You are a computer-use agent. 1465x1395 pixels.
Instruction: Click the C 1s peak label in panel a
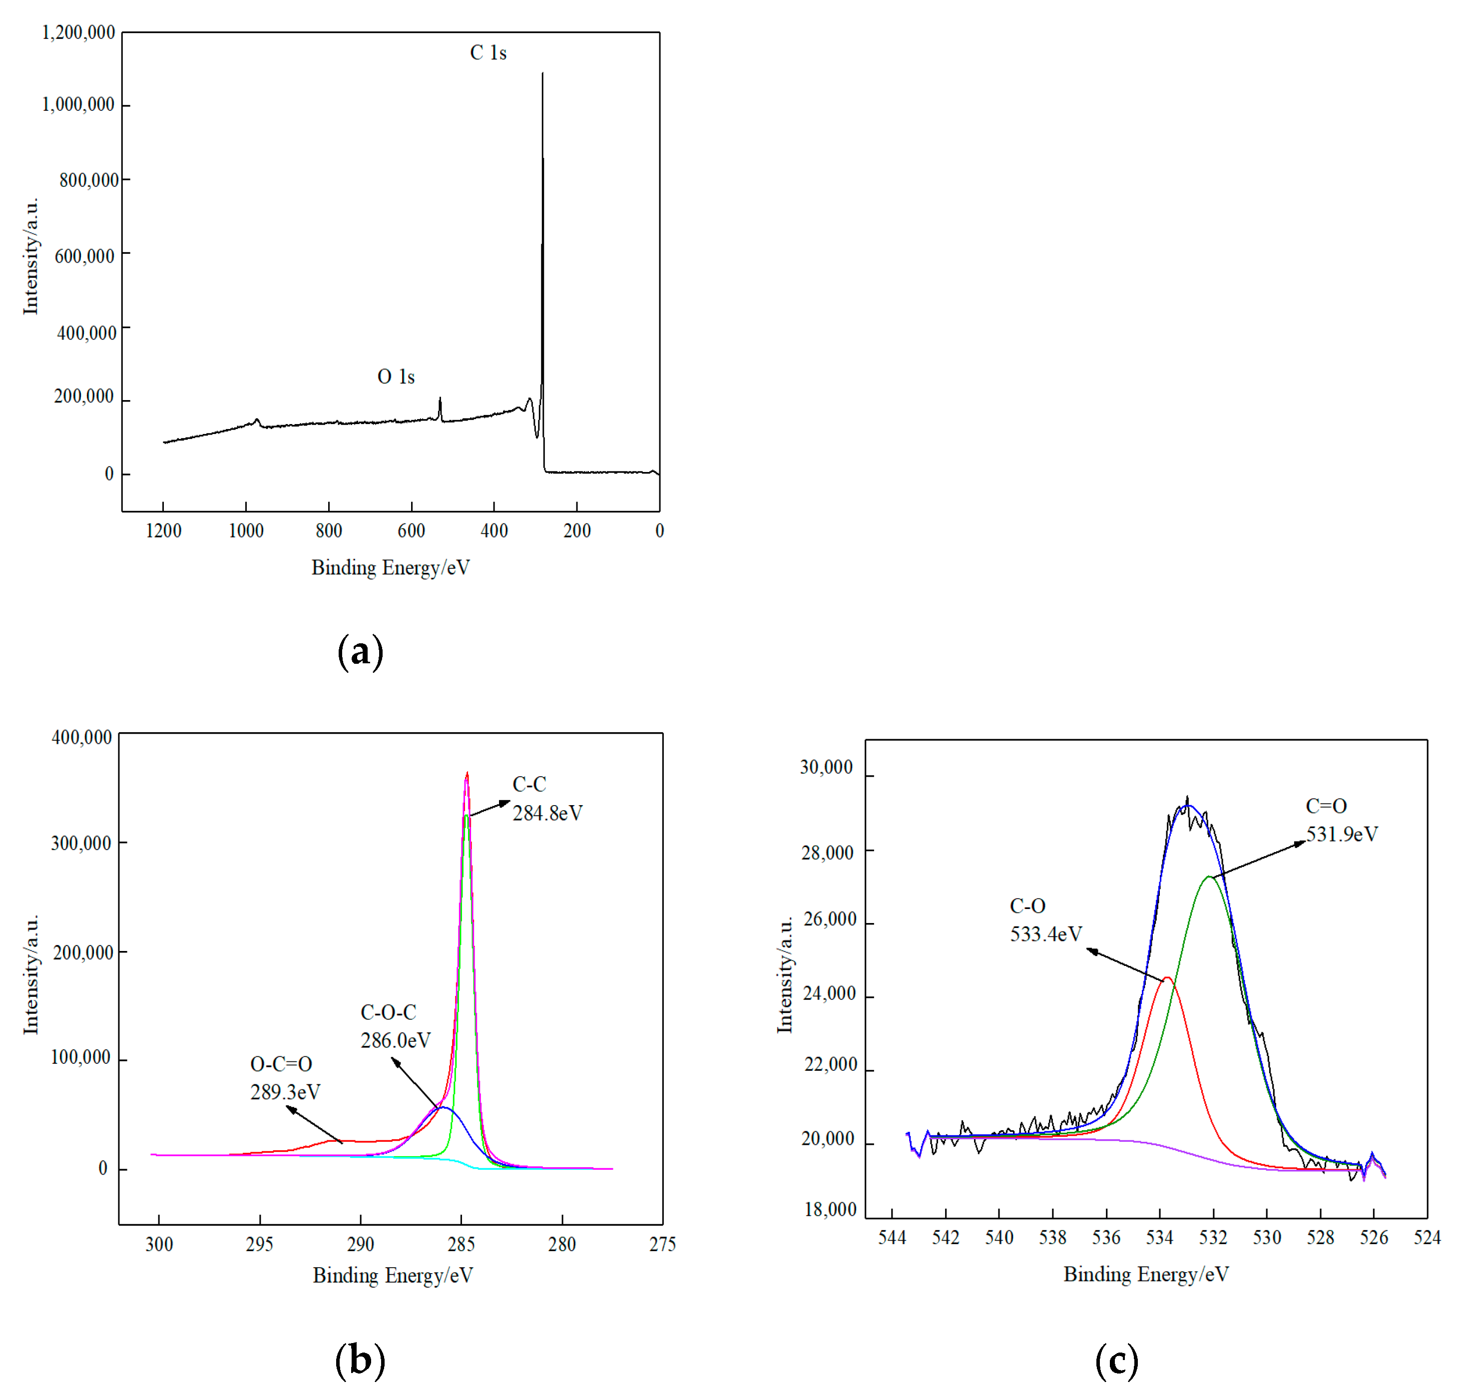coord(488,53)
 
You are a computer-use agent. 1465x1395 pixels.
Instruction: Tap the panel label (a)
coord(360,651)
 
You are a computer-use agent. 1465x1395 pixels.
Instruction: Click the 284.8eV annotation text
coord(547,813)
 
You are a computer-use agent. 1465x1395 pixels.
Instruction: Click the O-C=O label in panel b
coord(281,1063)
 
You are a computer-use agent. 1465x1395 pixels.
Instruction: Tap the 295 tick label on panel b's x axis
coord(260,1244)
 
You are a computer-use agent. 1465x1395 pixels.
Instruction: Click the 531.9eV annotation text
coord(1342,834)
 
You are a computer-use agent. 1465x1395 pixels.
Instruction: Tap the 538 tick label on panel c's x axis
coord(1052,1237)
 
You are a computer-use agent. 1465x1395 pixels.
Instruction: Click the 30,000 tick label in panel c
coord(826,767)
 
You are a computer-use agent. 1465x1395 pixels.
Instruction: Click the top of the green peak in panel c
coord(1210,877)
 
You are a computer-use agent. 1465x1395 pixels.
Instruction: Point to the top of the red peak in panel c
coord(1167,978)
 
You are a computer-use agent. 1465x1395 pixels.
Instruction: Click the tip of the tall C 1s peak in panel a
coord(542,73)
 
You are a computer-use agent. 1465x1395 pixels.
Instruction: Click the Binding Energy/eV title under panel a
coord(391,567)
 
